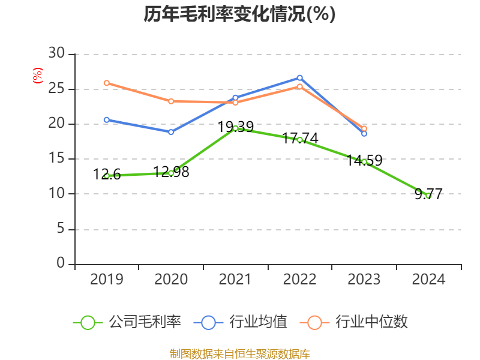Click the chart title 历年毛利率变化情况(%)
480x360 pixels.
click(x=239, y=14)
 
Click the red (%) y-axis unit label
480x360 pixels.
click(x=38, y=76)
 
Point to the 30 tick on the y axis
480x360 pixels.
click(x=56, y=54)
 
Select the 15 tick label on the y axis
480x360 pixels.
click(x=56, y=159)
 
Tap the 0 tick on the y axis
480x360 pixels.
click(x=60, y=263)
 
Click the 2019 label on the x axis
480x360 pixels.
click(x=106, y=280)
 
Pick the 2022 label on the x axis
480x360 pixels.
click(x=299, y=280)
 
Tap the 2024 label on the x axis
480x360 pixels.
click(x=428, y=280)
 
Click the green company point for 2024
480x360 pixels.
click(x=428, y=196)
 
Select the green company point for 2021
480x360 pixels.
click(x=235, y=128)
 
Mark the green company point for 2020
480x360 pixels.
click(x=171, y=173)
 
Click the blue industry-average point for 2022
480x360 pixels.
click(x=299, y=77)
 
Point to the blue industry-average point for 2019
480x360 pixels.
click(x=106, y=119)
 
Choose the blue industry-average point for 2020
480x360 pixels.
click(x=171, y=132)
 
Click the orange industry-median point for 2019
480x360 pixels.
click(x=106, y=83)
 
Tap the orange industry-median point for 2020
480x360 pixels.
click(x=171, y=101)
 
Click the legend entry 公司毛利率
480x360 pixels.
click(x=127, y=322)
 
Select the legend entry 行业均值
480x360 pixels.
click(x=241, y=322)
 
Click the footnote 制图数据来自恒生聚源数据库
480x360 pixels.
click(x=239, y=353)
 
